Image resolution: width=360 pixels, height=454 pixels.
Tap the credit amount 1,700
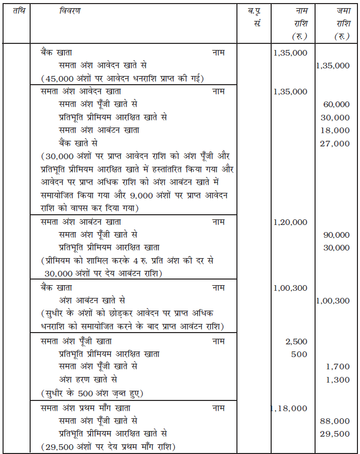(x=339, y=367)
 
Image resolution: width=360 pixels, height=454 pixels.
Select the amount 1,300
(x=339, y=380)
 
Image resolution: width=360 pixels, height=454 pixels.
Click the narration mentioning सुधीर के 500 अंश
(x=91, y=393)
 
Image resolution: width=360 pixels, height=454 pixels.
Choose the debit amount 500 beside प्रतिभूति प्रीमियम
(x=299, y=354)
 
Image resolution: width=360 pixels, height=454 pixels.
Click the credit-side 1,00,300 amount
(x=333, y=301)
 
